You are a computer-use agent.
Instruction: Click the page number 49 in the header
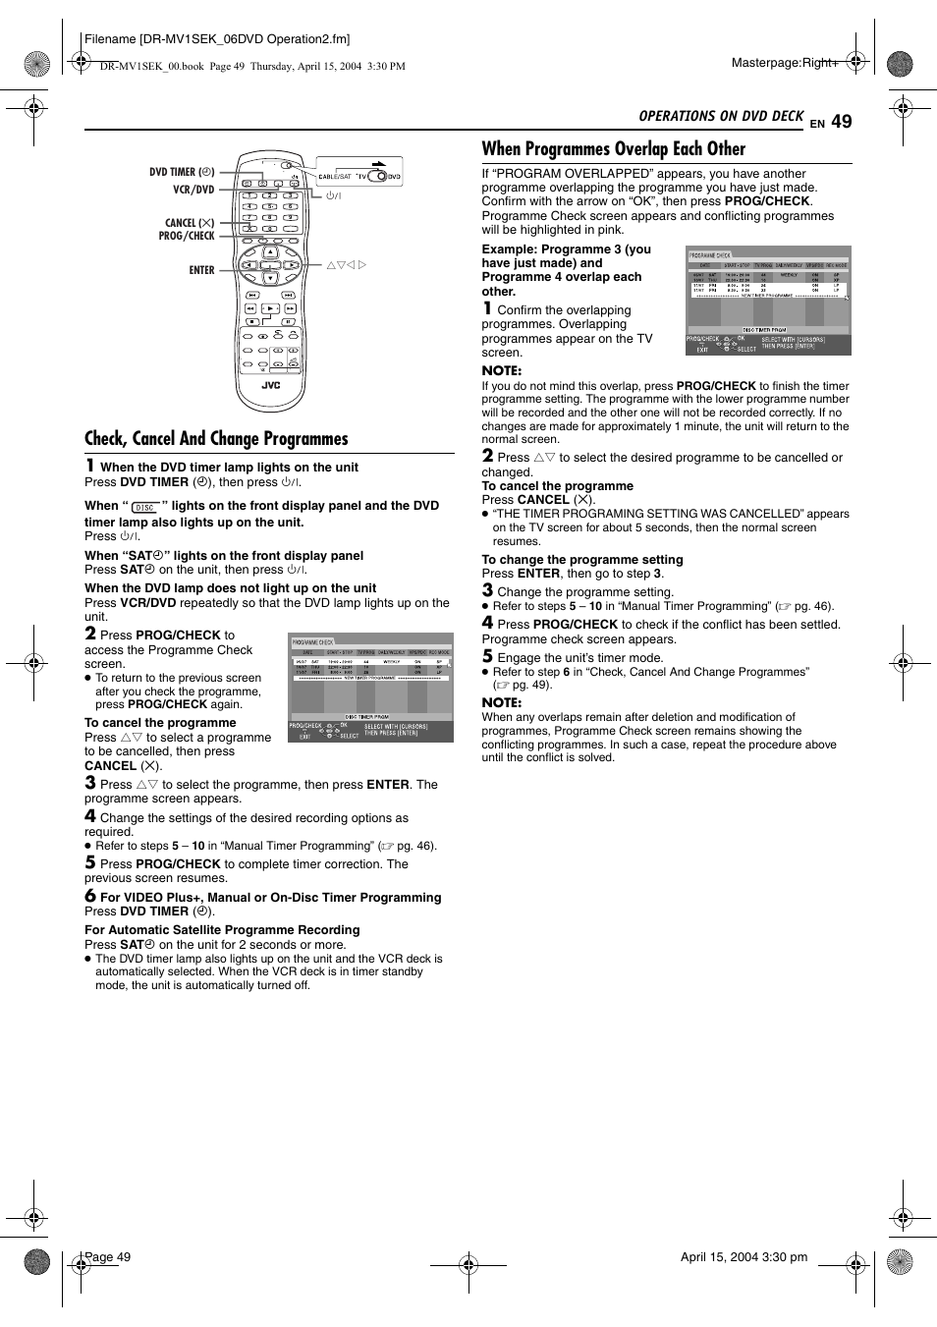tap(841, 122)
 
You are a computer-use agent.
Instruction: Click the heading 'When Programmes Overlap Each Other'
tap(613, 149)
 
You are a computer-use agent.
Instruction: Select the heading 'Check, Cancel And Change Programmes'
tap(216, 439)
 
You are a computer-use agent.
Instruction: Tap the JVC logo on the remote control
tap(270, 385)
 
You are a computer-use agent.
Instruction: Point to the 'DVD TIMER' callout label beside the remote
tap(181, 172)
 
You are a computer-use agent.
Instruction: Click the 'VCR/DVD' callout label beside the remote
tap(193, 190)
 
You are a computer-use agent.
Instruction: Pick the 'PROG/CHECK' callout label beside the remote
tap(187, 236)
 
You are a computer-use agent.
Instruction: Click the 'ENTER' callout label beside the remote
tap(201, 270)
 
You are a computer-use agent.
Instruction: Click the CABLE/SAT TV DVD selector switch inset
tap(358, 175)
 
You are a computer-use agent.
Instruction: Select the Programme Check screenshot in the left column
tap(370, 688)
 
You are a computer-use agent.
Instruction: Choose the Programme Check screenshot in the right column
tap(768, 301)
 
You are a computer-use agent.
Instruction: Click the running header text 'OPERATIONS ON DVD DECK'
tap(721, 116)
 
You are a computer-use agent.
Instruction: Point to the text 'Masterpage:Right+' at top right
tap(785, 63)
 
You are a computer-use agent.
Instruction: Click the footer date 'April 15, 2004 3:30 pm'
tap(744, 1257)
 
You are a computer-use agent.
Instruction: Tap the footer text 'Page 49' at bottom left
tap(108, 1257)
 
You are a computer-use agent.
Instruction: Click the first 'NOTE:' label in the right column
tap(501, 370)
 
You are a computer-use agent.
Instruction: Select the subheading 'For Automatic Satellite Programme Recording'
tap(222, 930)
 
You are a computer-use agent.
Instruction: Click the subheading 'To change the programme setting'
tap(581, 560)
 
